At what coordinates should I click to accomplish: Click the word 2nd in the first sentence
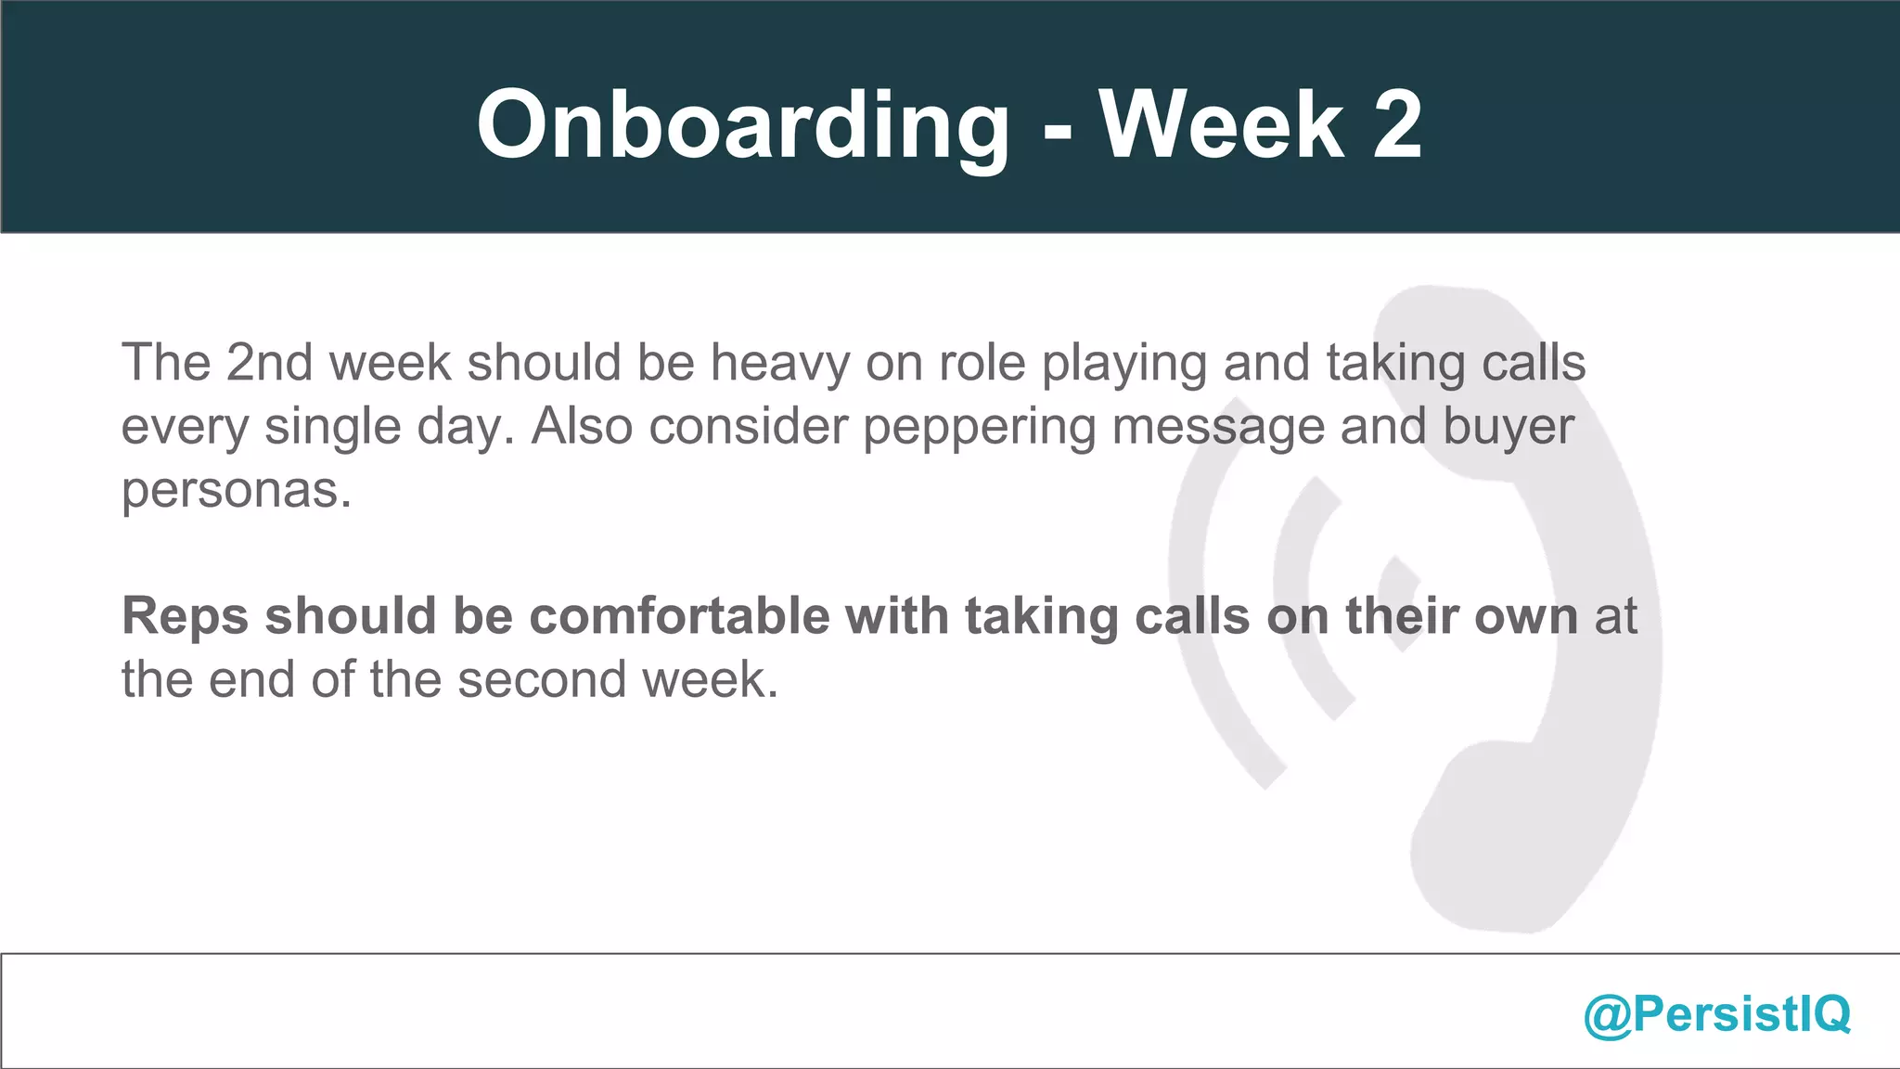(x=269, y=362)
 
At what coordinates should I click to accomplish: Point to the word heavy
(x=779, y=364)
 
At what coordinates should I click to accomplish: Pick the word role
(x=982, y=362)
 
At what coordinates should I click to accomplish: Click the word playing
(x=1123, y=364)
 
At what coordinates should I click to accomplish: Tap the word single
(x=332, y=428)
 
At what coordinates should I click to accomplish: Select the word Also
(x=582, y=426)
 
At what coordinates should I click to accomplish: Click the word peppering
(x=979, y=428)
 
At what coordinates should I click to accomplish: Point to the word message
(x=1217, y=428)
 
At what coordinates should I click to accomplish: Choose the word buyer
(x=1508, y=428)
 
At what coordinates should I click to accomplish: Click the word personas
(x=237, y=491)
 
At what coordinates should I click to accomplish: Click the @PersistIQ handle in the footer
(x=1716, y=1013)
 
